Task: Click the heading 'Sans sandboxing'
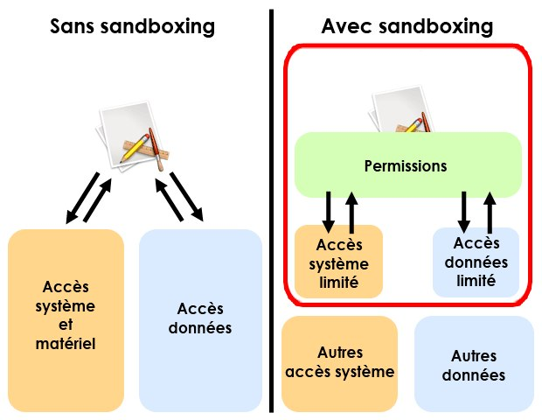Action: tap(132, 26)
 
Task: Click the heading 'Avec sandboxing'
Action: tap(406, 26)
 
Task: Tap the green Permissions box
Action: tap(408, 165)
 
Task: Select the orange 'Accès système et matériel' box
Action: tap(66, 320)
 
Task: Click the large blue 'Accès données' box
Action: tap(200, 320)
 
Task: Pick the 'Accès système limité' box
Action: tap(339, 262)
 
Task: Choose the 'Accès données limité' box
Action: tap(476, 262)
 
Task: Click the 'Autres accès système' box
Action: tap(339, 363)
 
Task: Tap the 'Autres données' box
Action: tap(474, 364)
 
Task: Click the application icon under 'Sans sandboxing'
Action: tap(133, 136)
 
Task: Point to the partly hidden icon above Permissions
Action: tap(401, 109)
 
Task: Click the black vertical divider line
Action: tap(271, 211)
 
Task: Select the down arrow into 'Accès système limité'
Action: tap(328, 212)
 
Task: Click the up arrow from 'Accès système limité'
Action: tap(351, 213)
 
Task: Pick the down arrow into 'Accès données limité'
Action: tap(464, 212)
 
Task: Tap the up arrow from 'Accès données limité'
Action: tap(490, 213)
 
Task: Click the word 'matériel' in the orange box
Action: tap(66, 344)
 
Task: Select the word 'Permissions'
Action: tap(406, 166)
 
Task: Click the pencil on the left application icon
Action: tap(135, 149)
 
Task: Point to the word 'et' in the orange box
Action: tap(66, 325)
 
